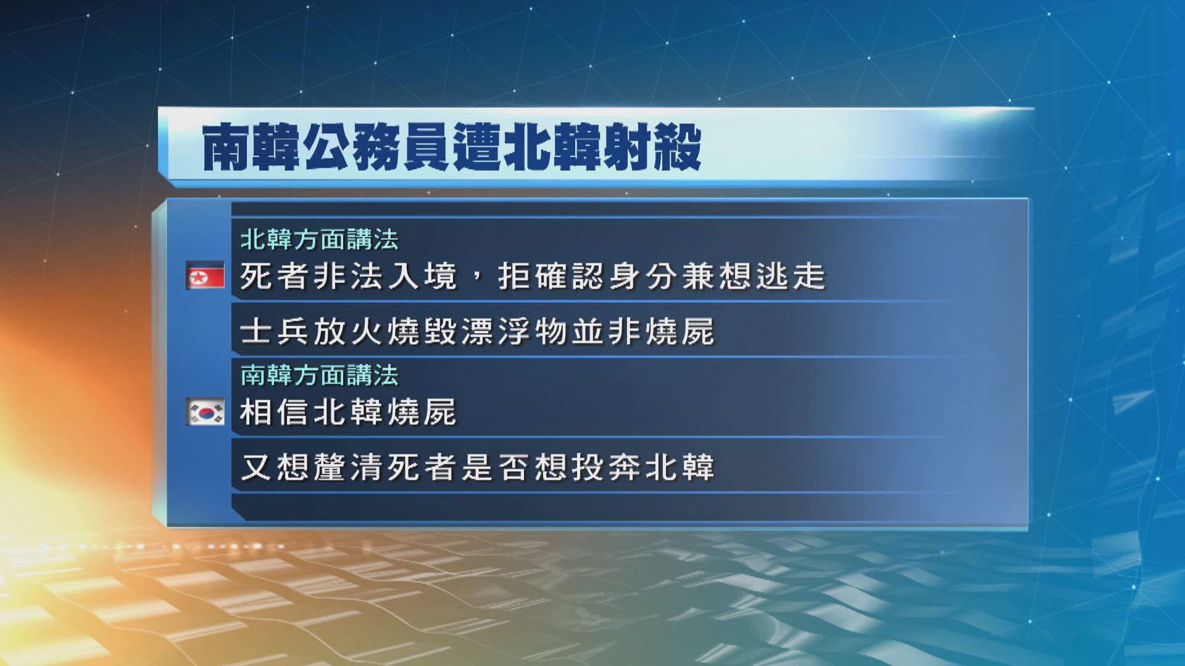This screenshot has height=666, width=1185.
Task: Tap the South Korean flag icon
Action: click(x=205, y=412)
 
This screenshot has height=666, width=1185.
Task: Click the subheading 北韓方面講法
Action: click(x=319, y=239)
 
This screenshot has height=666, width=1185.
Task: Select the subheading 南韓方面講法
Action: click(x=319, y=375)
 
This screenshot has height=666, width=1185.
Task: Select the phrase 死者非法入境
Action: click(x=347, y=276)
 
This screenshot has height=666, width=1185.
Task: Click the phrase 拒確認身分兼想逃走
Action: click(x=662, y=276)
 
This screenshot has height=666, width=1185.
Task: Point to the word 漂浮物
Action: click(x=495, y=332)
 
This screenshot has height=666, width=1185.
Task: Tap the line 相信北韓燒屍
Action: click(x=347, y=412)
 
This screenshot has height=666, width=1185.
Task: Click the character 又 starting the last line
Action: click(x=254, y=467)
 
